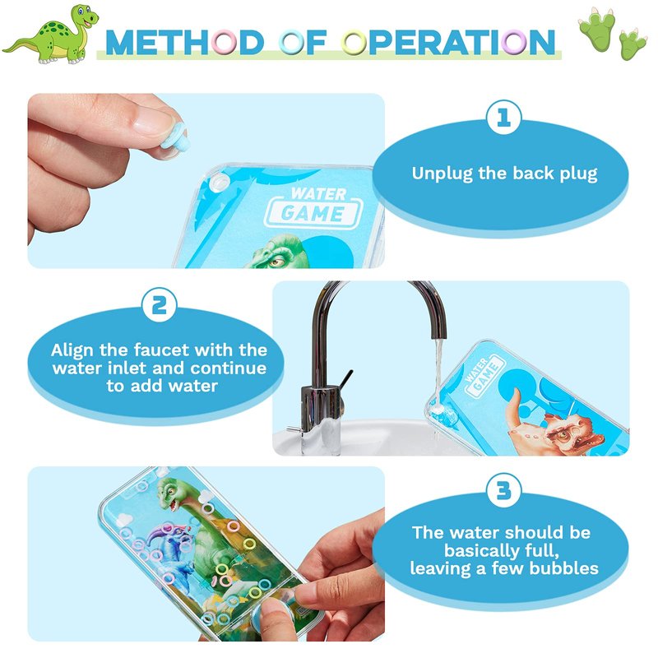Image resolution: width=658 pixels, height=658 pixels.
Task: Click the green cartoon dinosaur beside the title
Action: (x=53, y=35)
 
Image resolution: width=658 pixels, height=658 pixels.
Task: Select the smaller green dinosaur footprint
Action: (x=633, y=44)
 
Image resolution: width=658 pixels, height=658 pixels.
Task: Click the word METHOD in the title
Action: (x=184, y=43)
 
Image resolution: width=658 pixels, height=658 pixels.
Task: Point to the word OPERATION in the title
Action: (x=448, y=43)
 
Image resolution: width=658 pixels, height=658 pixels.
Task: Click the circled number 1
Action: (x=503, y=118)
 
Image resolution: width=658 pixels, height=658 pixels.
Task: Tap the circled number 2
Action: (x=159, y=305)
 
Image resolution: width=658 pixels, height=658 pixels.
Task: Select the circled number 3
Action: (x=503, y=491)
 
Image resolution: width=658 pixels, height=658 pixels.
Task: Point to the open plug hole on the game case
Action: (x=219, y=182)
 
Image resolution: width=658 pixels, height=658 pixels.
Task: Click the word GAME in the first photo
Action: (x=313, y=213)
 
